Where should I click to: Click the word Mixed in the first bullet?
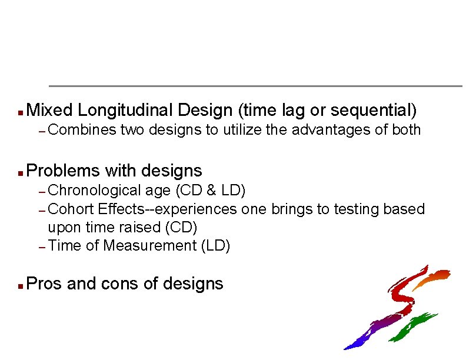pos(49,110)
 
